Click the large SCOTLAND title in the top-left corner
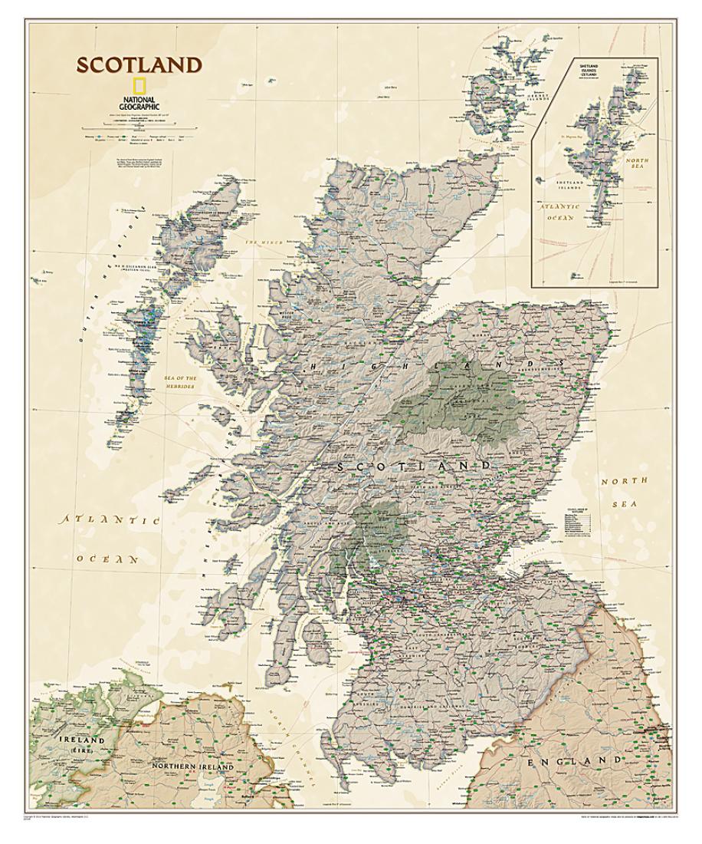[x=138, y=66]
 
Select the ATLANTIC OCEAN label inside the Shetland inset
[x=564, y=213]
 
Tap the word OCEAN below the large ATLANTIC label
[x=107, y=559]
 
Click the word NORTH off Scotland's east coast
[x=624, y=481]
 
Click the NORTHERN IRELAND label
[x=190, y=767]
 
